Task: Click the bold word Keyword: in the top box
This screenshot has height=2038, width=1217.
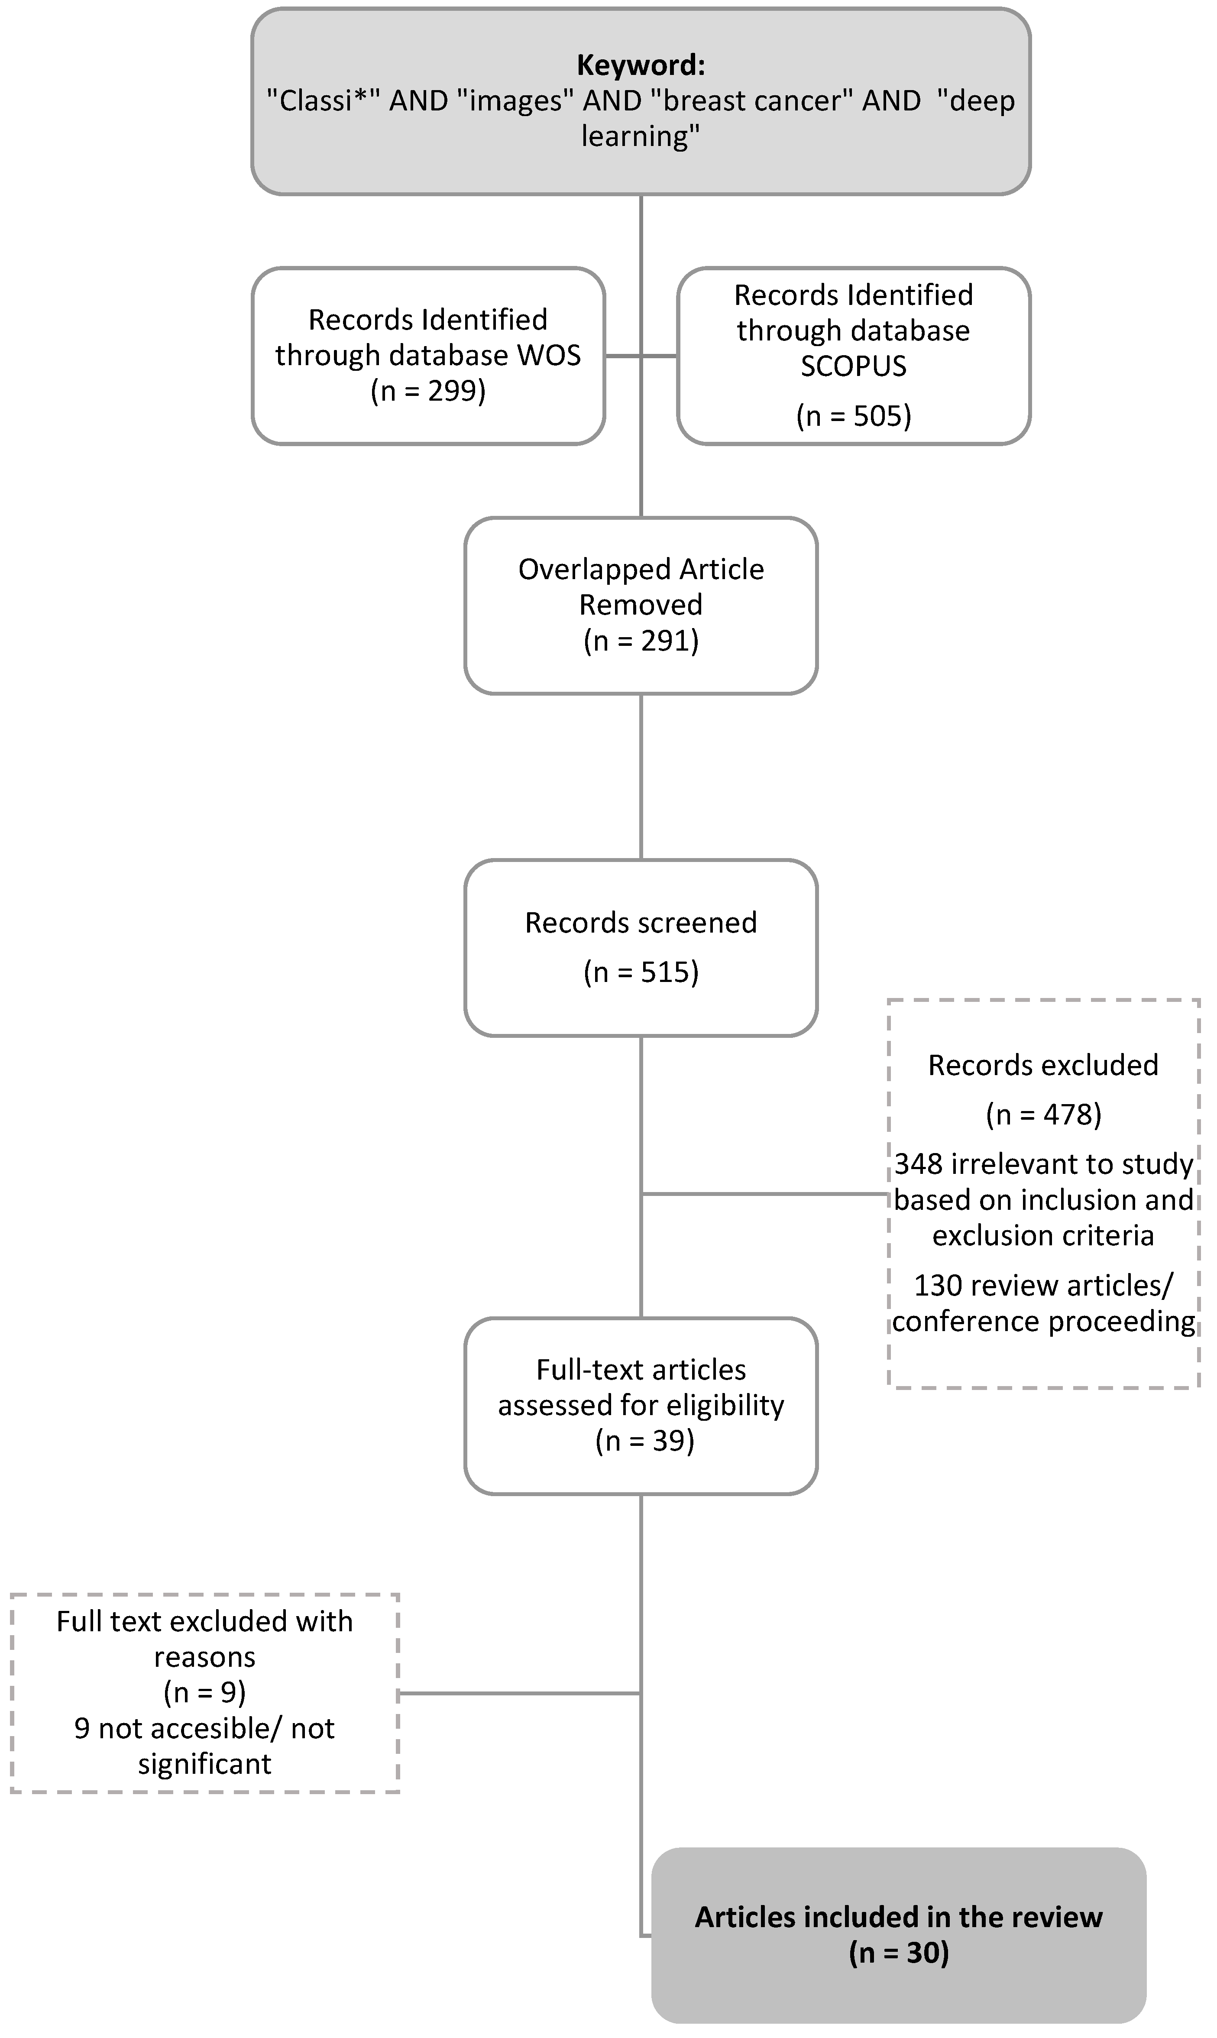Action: [641, 65]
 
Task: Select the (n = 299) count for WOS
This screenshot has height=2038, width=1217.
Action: [428, 391]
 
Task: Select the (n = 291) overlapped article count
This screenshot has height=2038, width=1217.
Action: [641, 641]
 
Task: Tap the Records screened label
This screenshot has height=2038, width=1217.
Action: [641, 923]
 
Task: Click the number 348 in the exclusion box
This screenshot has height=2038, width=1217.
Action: [918, 1164]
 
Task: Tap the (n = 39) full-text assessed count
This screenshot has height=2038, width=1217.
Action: [644, 1441]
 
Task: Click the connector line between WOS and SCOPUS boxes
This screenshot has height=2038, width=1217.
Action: [641, 356]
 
